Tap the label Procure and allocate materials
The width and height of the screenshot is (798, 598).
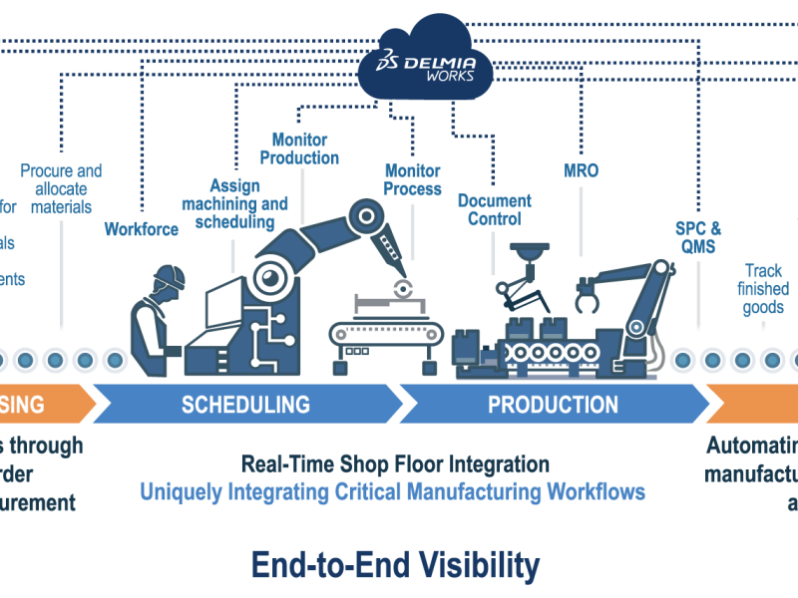pos(61,189)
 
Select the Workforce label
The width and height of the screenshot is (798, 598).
pos(142,229)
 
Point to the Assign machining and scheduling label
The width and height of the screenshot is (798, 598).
pos(234,203)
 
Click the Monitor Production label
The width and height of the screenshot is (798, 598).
pos(299,149)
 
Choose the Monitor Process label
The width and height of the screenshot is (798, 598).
pos(413,179)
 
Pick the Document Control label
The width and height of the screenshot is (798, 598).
pos(495,210)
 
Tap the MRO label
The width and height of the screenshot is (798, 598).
pos(581,170)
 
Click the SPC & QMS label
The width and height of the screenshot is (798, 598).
pos(698,237)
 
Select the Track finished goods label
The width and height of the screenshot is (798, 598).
pos(763,289)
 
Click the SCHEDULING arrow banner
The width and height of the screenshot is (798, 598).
pos(246,405)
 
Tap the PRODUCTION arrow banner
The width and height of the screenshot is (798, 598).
pos(553,405)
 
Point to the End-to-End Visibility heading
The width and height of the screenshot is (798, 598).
pos(395,565)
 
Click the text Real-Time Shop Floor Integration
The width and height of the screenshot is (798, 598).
pos(395,464)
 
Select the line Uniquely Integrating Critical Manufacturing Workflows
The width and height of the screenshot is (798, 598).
pos(392,491)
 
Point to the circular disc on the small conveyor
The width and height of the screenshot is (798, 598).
pos(404,291)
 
